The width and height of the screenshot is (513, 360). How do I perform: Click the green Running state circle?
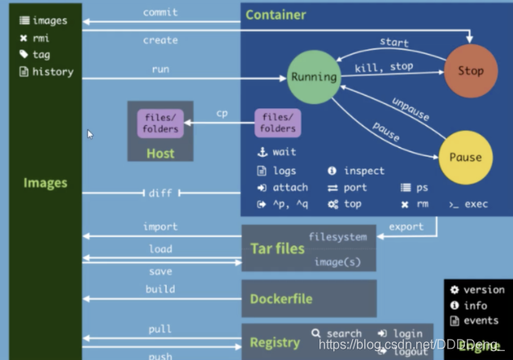pos(313,77)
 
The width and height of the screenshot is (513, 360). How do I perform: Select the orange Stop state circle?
pos(470,71)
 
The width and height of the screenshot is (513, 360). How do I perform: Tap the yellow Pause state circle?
pos(465,157)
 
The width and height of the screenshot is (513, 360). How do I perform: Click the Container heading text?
pos(276,15)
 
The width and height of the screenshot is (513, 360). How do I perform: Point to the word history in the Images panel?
pos(53,72)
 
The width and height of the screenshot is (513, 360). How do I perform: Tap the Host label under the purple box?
pos(160,152)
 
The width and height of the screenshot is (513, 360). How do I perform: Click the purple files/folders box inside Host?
pos(159,124)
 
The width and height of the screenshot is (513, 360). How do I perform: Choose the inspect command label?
pos(363,171)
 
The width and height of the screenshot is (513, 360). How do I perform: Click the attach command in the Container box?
pos(290,188)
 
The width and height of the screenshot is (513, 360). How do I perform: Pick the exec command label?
pos(476,204)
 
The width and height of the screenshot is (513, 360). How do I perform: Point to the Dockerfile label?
pos(280,299)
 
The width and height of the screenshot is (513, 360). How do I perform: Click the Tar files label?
pos(277,249)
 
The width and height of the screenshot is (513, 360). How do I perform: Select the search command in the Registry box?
pos(344,333)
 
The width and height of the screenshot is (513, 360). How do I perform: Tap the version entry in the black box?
pos(484,289)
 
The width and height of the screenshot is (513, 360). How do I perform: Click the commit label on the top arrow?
pos(160,12)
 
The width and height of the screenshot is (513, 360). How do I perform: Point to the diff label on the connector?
pos(159,193)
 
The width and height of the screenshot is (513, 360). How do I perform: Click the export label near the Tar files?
pos(405,226)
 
